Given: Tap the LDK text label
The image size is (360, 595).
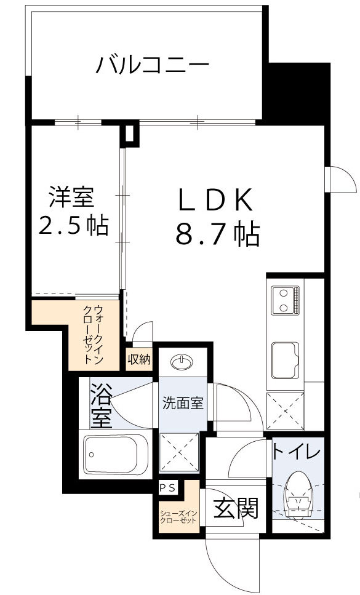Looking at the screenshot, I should [215, 200].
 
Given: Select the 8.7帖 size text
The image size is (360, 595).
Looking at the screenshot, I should [217, 234].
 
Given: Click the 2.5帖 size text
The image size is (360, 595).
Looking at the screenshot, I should [73, 226].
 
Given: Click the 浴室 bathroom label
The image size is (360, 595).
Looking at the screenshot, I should [101, 405].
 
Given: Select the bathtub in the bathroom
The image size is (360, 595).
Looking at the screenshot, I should [115, 455].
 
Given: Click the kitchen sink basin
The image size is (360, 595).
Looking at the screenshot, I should [284, 357].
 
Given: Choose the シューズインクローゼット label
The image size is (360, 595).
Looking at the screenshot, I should [178, 516].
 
